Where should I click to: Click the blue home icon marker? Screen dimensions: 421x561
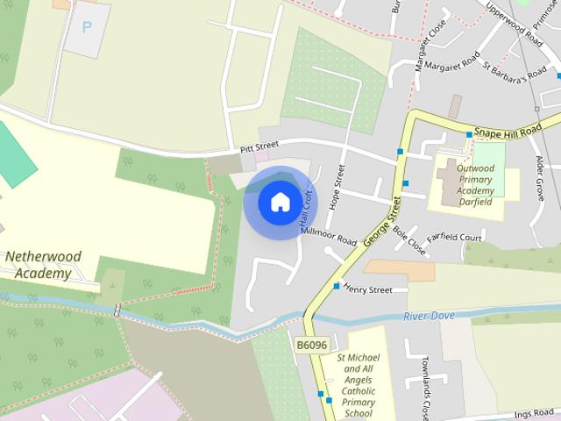[x=280, y=202]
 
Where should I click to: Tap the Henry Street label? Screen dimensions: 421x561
[x=367, y=288]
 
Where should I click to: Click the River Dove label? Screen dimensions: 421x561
[x=430, y=315]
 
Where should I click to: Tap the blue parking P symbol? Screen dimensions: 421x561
[x=86, y=27]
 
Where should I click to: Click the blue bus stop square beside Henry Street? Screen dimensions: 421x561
[x=337, y=286]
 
